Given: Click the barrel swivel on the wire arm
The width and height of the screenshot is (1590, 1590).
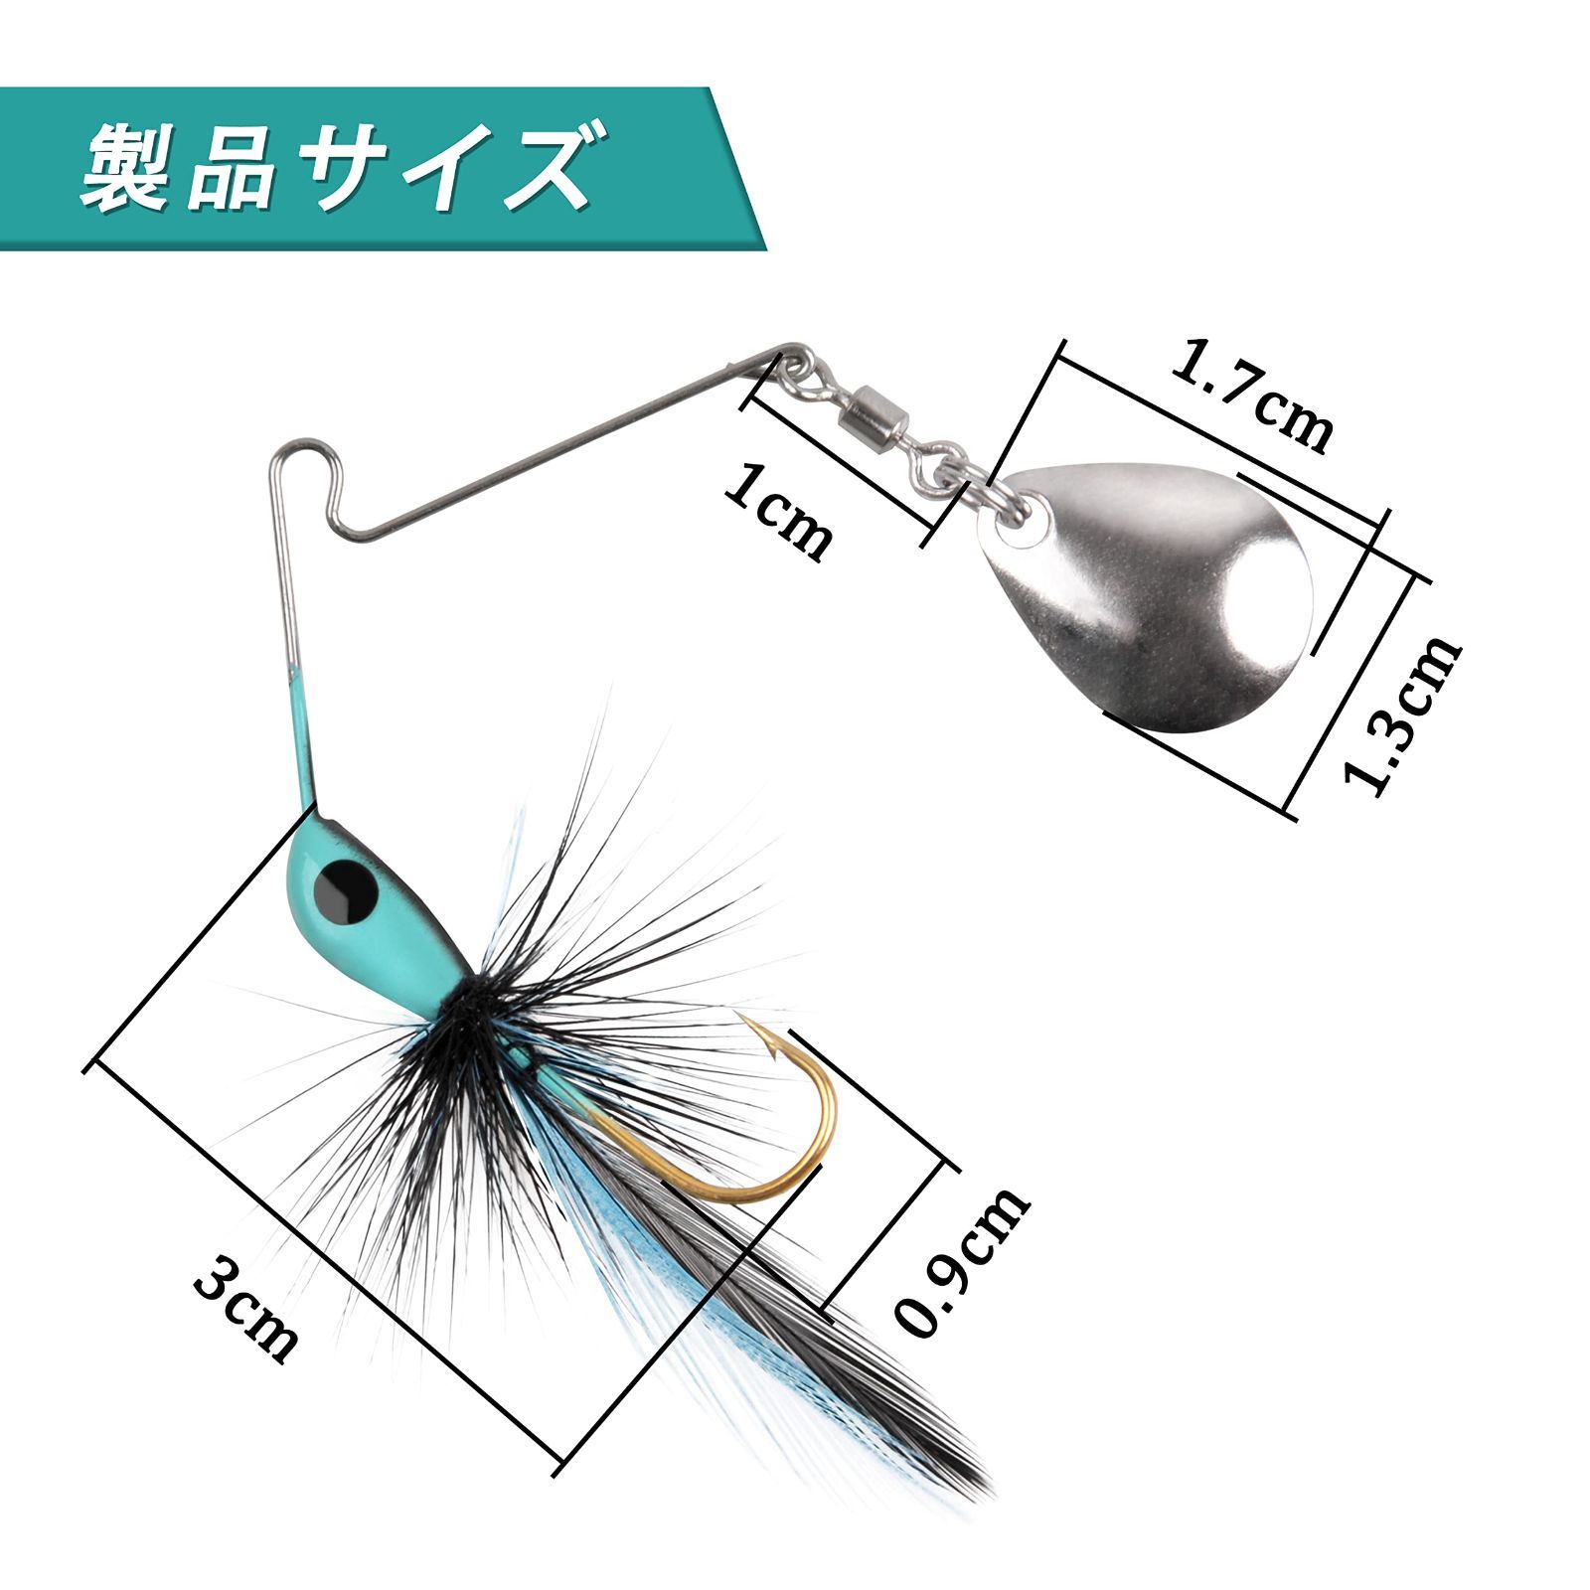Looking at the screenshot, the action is [874, 412].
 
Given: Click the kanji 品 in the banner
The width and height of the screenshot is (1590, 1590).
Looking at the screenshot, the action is [232, 167].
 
